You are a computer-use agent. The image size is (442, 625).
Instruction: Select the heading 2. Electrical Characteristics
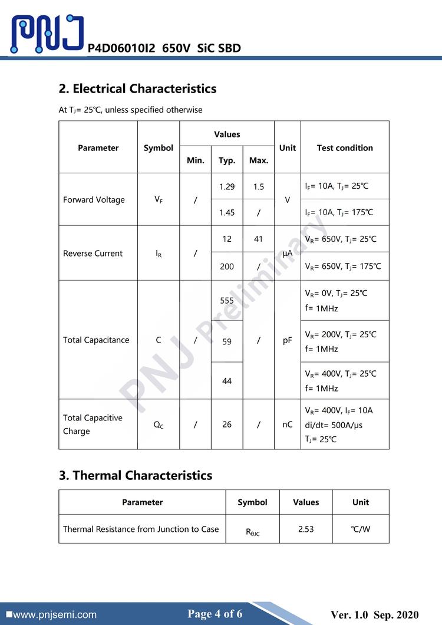coord(137,89)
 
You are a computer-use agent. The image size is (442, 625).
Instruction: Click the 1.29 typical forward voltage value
coord(227,187)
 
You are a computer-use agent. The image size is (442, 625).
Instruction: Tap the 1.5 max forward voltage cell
coord(259,187)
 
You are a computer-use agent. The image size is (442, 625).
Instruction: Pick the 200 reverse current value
coord(227,267)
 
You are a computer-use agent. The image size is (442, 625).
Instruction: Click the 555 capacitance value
coord(227,300)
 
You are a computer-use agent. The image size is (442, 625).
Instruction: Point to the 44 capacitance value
coord(227,381)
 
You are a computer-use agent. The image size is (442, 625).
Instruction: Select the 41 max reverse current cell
coord(259,239)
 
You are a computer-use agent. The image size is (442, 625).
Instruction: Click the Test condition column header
coord(345,148)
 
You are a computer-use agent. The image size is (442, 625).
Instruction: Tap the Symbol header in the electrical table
coord(159,148)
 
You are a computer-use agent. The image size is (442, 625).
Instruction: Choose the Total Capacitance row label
coord(96,340)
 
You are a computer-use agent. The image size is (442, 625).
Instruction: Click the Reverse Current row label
coord(93,254)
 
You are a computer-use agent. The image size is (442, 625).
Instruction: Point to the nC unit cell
coord(287,425)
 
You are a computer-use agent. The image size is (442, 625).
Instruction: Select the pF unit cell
coord(287,340)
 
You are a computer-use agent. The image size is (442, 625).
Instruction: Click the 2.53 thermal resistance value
coord(306,529)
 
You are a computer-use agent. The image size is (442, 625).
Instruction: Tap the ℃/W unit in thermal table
coord(361,529)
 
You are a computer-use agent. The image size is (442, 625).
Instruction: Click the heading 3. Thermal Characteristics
coord(136,475)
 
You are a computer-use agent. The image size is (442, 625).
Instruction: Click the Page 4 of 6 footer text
coord(215,614)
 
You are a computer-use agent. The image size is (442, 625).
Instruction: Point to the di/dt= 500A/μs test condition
coord(334,425)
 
